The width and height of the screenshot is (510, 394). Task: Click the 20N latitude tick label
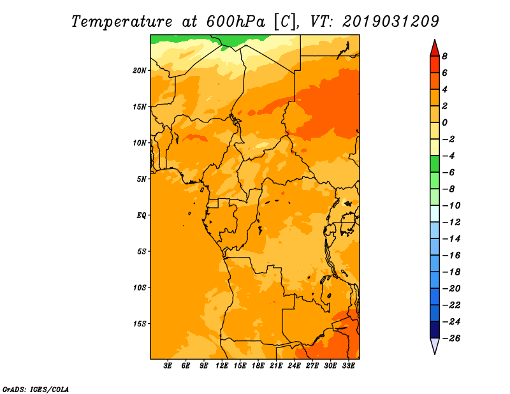point(140,71)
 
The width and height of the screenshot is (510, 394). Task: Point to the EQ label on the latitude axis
point(142,215)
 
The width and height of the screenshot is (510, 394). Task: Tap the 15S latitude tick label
point(140,324)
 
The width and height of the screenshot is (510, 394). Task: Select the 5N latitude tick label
point(142,179)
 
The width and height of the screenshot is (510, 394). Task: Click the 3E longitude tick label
point(168,365)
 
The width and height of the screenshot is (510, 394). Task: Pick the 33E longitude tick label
point(348,365)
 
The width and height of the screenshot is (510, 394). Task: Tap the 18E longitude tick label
point(258,365)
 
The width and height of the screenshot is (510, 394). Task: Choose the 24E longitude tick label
point(294,365)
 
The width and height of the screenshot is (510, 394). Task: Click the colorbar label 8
point(444,56)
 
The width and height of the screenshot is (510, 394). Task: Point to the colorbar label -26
point(451,339)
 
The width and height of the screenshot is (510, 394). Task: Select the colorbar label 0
point(444,122)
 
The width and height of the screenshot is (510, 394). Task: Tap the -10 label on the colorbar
point(451,206)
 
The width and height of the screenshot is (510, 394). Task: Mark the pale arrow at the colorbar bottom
point(435,345)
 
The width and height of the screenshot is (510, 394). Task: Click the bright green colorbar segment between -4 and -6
point(435,164)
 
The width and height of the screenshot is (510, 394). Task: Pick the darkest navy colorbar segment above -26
point(435,330)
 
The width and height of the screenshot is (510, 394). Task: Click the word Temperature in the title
point(122,22)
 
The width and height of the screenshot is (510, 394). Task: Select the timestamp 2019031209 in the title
point(391,22)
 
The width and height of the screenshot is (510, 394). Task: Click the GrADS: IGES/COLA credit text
point(36,390)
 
